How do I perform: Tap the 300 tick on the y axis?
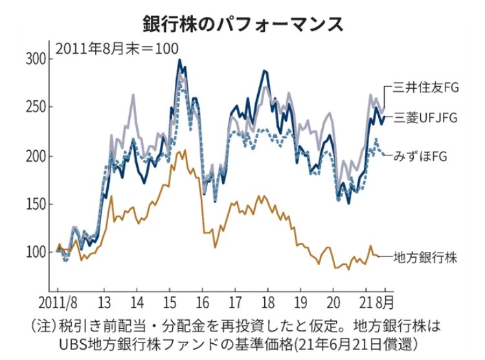coord(35,60)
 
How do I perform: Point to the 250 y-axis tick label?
coord(35,107)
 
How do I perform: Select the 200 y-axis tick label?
coord(35,156)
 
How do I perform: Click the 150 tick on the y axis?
coord(35,204)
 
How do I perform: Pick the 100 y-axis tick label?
coord(35,252)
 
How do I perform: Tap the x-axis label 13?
coord(105,302)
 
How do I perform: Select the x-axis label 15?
coord(170,302)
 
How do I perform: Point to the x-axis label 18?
coord(267,302)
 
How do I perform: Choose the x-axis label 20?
coord(333,302)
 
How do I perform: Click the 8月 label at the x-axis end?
coord(387,302)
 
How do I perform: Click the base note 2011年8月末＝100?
coord(117,48)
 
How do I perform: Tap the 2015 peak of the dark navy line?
coord(179,60)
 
